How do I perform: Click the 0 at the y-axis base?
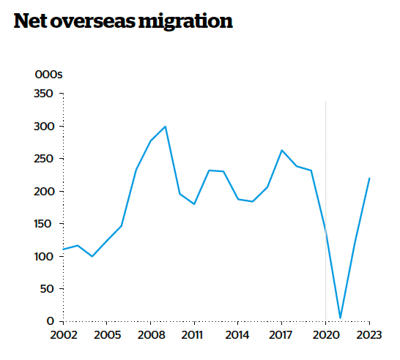[51, 321]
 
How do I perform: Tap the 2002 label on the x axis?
[63, 335]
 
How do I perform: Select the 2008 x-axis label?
[150, 335]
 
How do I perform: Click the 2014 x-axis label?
[237, 335]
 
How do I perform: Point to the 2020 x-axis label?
[325, 335]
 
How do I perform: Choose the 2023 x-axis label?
[368, 335]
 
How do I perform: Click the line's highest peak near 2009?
[165, 127]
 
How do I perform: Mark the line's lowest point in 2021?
[340, 318]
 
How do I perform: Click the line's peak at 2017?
[281, 150]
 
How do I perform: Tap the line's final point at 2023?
[369, 178]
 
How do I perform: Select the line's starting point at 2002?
[63, 250]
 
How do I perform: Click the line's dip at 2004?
[92, 256]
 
